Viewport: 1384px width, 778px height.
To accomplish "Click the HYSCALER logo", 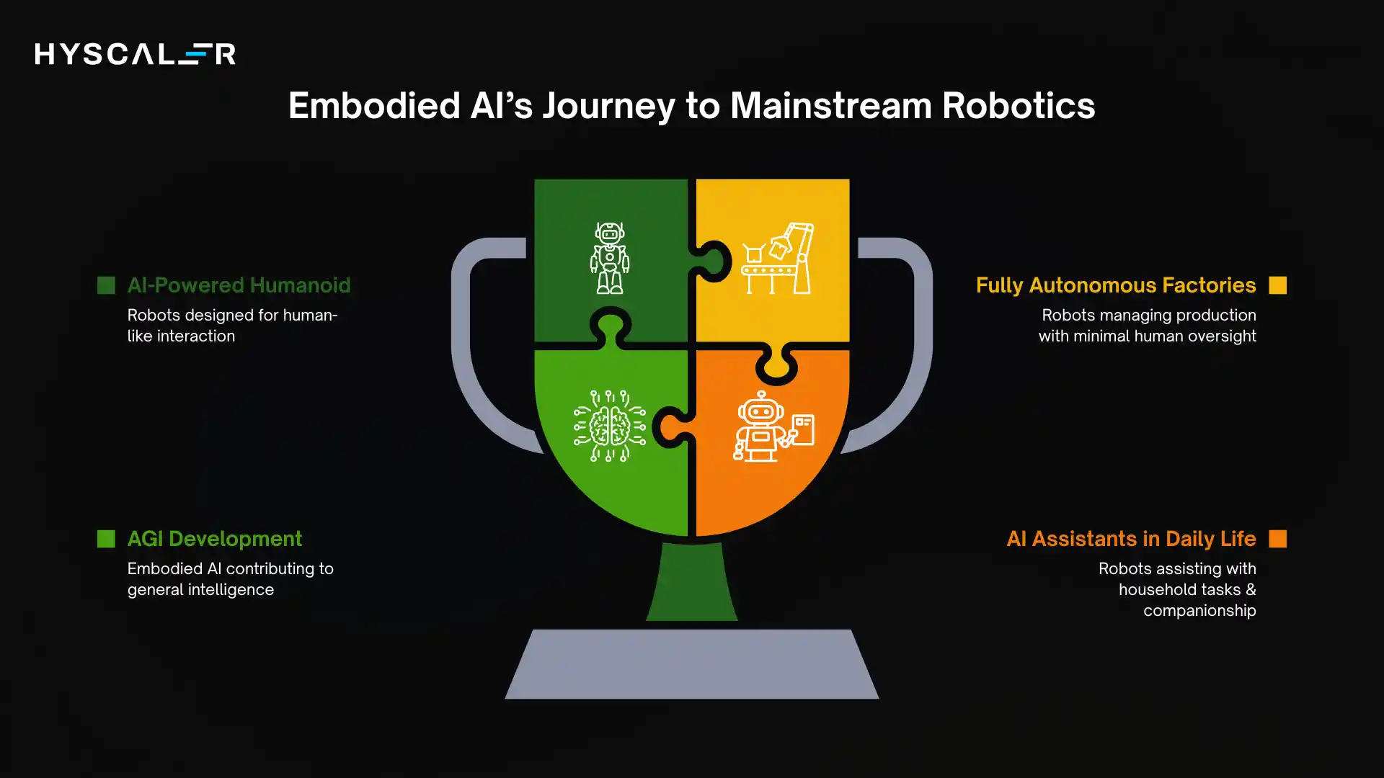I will pyautogui.click(x=135, y=54).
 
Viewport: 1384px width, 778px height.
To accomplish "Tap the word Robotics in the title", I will pyautogui.click(x=1018, y=106).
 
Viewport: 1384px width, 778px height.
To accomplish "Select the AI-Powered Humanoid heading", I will pyautogui.click(x=239, y=285).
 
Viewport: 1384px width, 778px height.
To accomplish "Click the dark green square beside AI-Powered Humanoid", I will pyautogui.click(x=106, y=285).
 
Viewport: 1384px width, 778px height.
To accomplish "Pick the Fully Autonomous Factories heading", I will pyautogui.click(x=1115, y=285).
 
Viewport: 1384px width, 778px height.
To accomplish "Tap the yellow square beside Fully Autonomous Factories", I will pyautogui.click(x=1277, y=285).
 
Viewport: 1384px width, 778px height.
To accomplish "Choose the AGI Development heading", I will pyautogui.click(x=214, y=539).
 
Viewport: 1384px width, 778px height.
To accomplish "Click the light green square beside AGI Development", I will pyautogui.click(x=106, y=539).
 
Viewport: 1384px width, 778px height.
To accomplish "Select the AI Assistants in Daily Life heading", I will pyautogui.click(x=1130, y=539).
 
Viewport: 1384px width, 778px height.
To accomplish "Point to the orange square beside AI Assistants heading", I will pyautogui.click(x=1277, y=539).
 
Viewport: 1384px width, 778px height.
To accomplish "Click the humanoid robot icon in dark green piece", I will pyautogui.click(x=610, y=258).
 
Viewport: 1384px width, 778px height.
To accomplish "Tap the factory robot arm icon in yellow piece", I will pyautogui.click(x=777, y=258).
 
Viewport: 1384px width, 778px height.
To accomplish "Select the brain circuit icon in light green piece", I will pyautogui.click(x=610, y=426).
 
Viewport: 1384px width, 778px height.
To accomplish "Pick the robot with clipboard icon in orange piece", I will pyautogui.click(x=773, y=426).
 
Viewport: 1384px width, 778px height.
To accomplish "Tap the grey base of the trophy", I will pyautogui.click(x=691, y=664).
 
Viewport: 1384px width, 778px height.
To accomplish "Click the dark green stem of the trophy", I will pyautogui.click(x=691, y=583).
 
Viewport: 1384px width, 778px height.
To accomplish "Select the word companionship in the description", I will pyautogui.click(x=1199, y=611).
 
